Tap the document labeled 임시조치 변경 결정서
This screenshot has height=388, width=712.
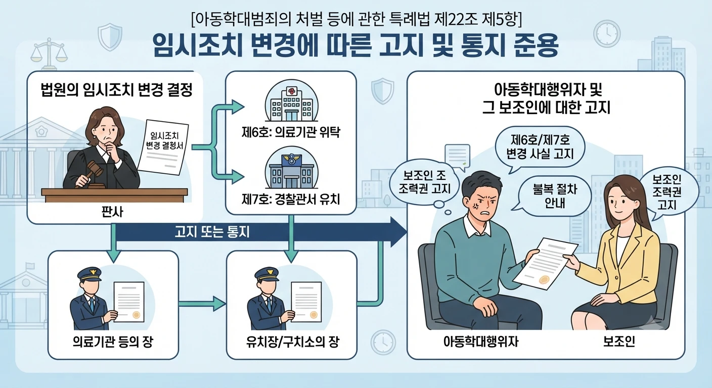pyautogui.click(x=163, y=147)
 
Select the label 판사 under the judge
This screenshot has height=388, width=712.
pyautogui.click(x=112, y=212)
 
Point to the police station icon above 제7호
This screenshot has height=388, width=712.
pyautogui.click(x=291, y=168)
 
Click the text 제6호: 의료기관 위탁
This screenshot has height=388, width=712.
pyautogui.click(x=291, y=132)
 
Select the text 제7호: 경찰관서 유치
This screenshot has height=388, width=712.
pyautogui.click(x=291, y=200)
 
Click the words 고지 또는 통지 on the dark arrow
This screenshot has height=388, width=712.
pyautogui.click(x=212, y=232)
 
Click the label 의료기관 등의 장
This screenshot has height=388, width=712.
pyautogui.click(x=113, y=342)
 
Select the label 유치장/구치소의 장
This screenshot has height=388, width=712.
pyautogui.click(x=292, y=342)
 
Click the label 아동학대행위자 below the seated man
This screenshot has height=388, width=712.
pyautogui.click(x=480, y=342)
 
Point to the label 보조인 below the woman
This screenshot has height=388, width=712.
pyautogui.click(x=619, y=342)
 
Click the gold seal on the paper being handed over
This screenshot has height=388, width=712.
pyautogui.click(x=544, y=280)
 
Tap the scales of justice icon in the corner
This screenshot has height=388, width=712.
pyautogui.click(x=49, y=54)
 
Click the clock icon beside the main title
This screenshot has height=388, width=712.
pyautogui.click(x=607, y=34)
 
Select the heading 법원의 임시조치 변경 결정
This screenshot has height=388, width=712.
pyautogui.click(x=117, y=90)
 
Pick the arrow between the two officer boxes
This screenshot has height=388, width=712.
pyautogui.click(x=202, y=304)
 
